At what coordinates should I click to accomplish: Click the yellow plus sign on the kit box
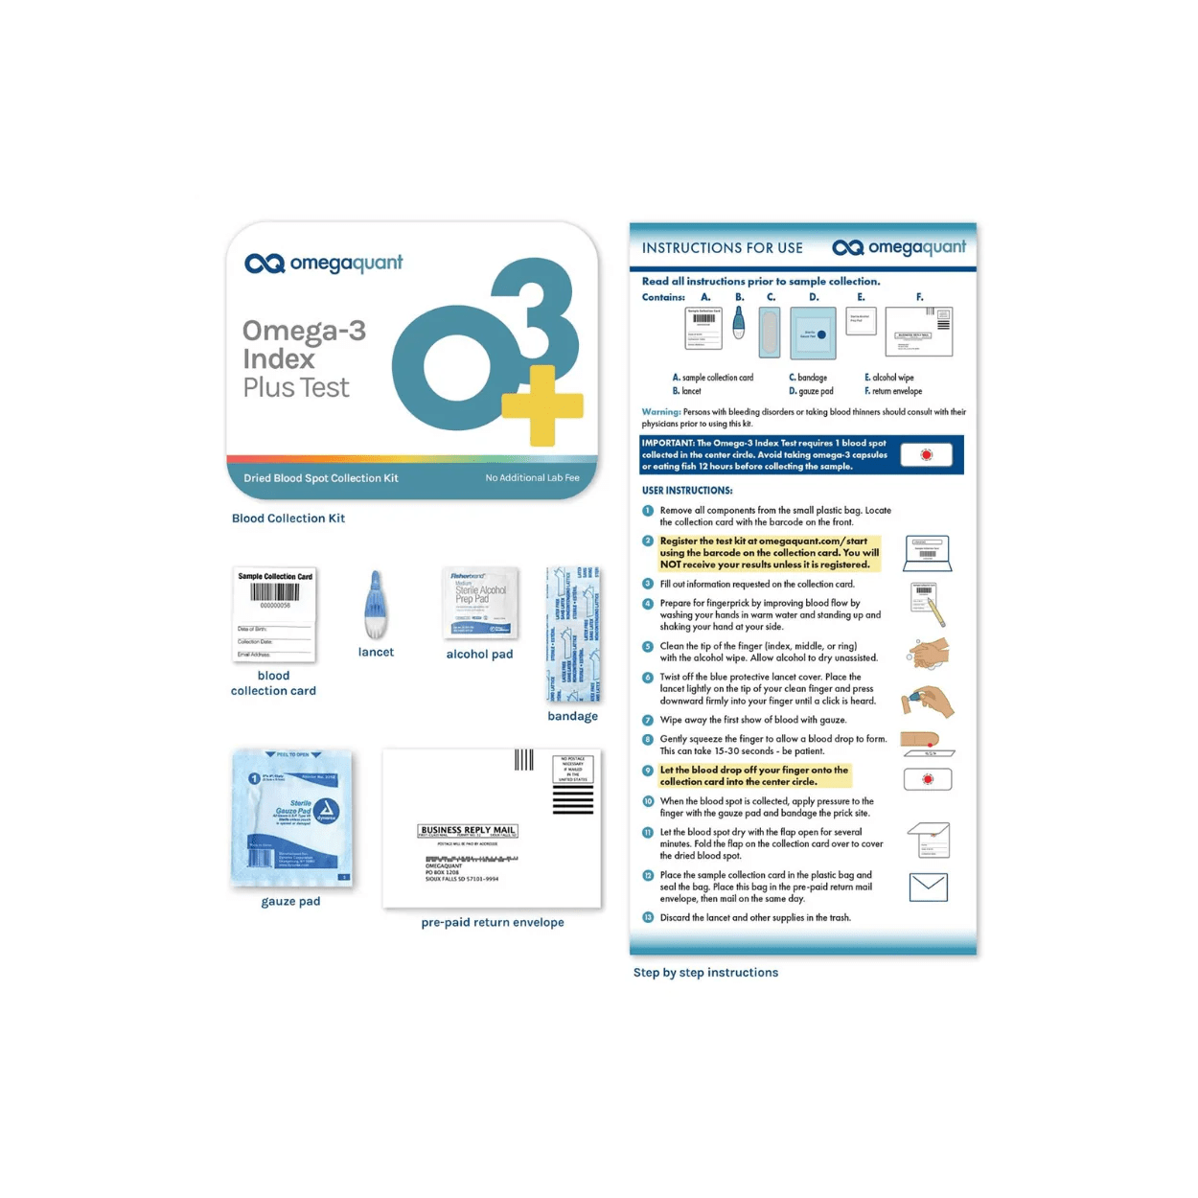point(542,405)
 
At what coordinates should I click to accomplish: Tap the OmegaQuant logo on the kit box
point(324,264)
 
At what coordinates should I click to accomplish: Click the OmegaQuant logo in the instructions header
point(899,247)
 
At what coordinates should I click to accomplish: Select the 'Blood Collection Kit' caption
point(288,518)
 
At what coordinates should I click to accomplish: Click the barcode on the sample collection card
point(275,592)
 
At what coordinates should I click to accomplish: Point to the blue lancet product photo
point(376,605)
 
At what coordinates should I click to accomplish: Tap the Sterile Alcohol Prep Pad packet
point(480,602)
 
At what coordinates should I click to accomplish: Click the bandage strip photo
point(573,634)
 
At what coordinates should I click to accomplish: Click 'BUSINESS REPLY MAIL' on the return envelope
point(468,830)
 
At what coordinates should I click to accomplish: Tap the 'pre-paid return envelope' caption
point(493,923)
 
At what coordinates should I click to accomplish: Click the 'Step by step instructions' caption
point(705,973)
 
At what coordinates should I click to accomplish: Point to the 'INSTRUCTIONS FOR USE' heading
point(723,248)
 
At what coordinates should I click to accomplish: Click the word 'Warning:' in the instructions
point(661,412)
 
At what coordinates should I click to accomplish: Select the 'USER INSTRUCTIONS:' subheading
point(687,491)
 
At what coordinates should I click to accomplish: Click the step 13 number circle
point(648,918)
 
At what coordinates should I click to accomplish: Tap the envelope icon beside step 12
point(928,887)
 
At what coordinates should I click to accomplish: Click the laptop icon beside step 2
point(927,554)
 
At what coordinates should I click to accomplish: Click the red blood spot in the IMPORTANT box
point(926,455)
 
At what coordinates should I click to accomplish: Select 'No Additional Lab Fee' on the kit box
point(532,478)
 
